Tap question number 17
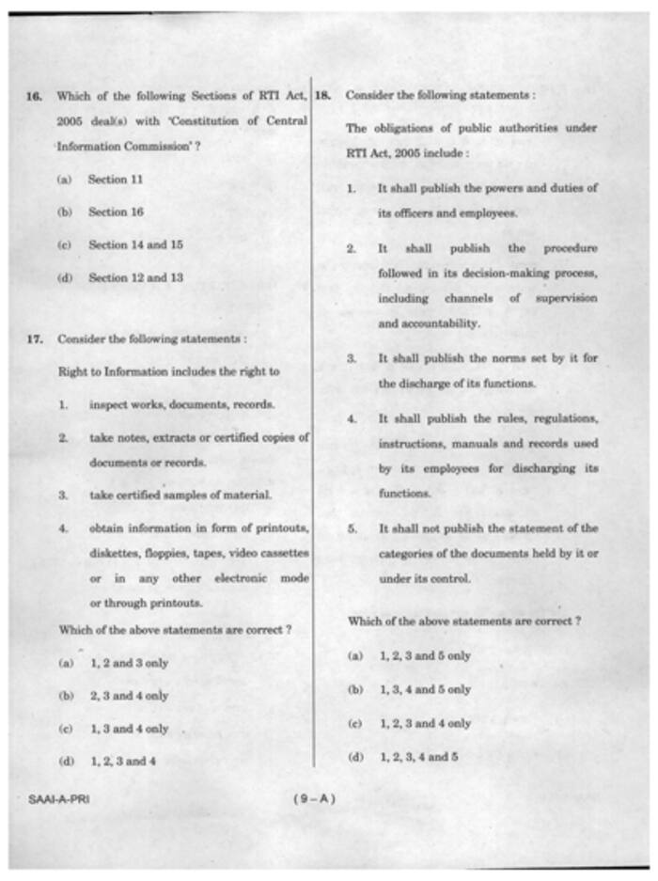[35, 338]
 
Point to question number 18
[321, 96]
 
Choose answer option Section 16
[116, 212]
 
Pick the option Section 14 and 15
[135, 244]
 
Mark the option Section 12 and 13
[135, 277]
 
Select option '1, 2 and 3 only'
[129, 663]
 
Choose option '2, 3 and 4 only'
[129, 696]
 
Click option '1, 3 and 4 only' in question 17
[129, 729]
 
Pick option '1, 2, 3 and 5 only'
[425, 655]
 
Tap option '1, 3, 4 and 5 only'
[425, 689]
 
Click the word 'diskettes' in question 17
[117, 553]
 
